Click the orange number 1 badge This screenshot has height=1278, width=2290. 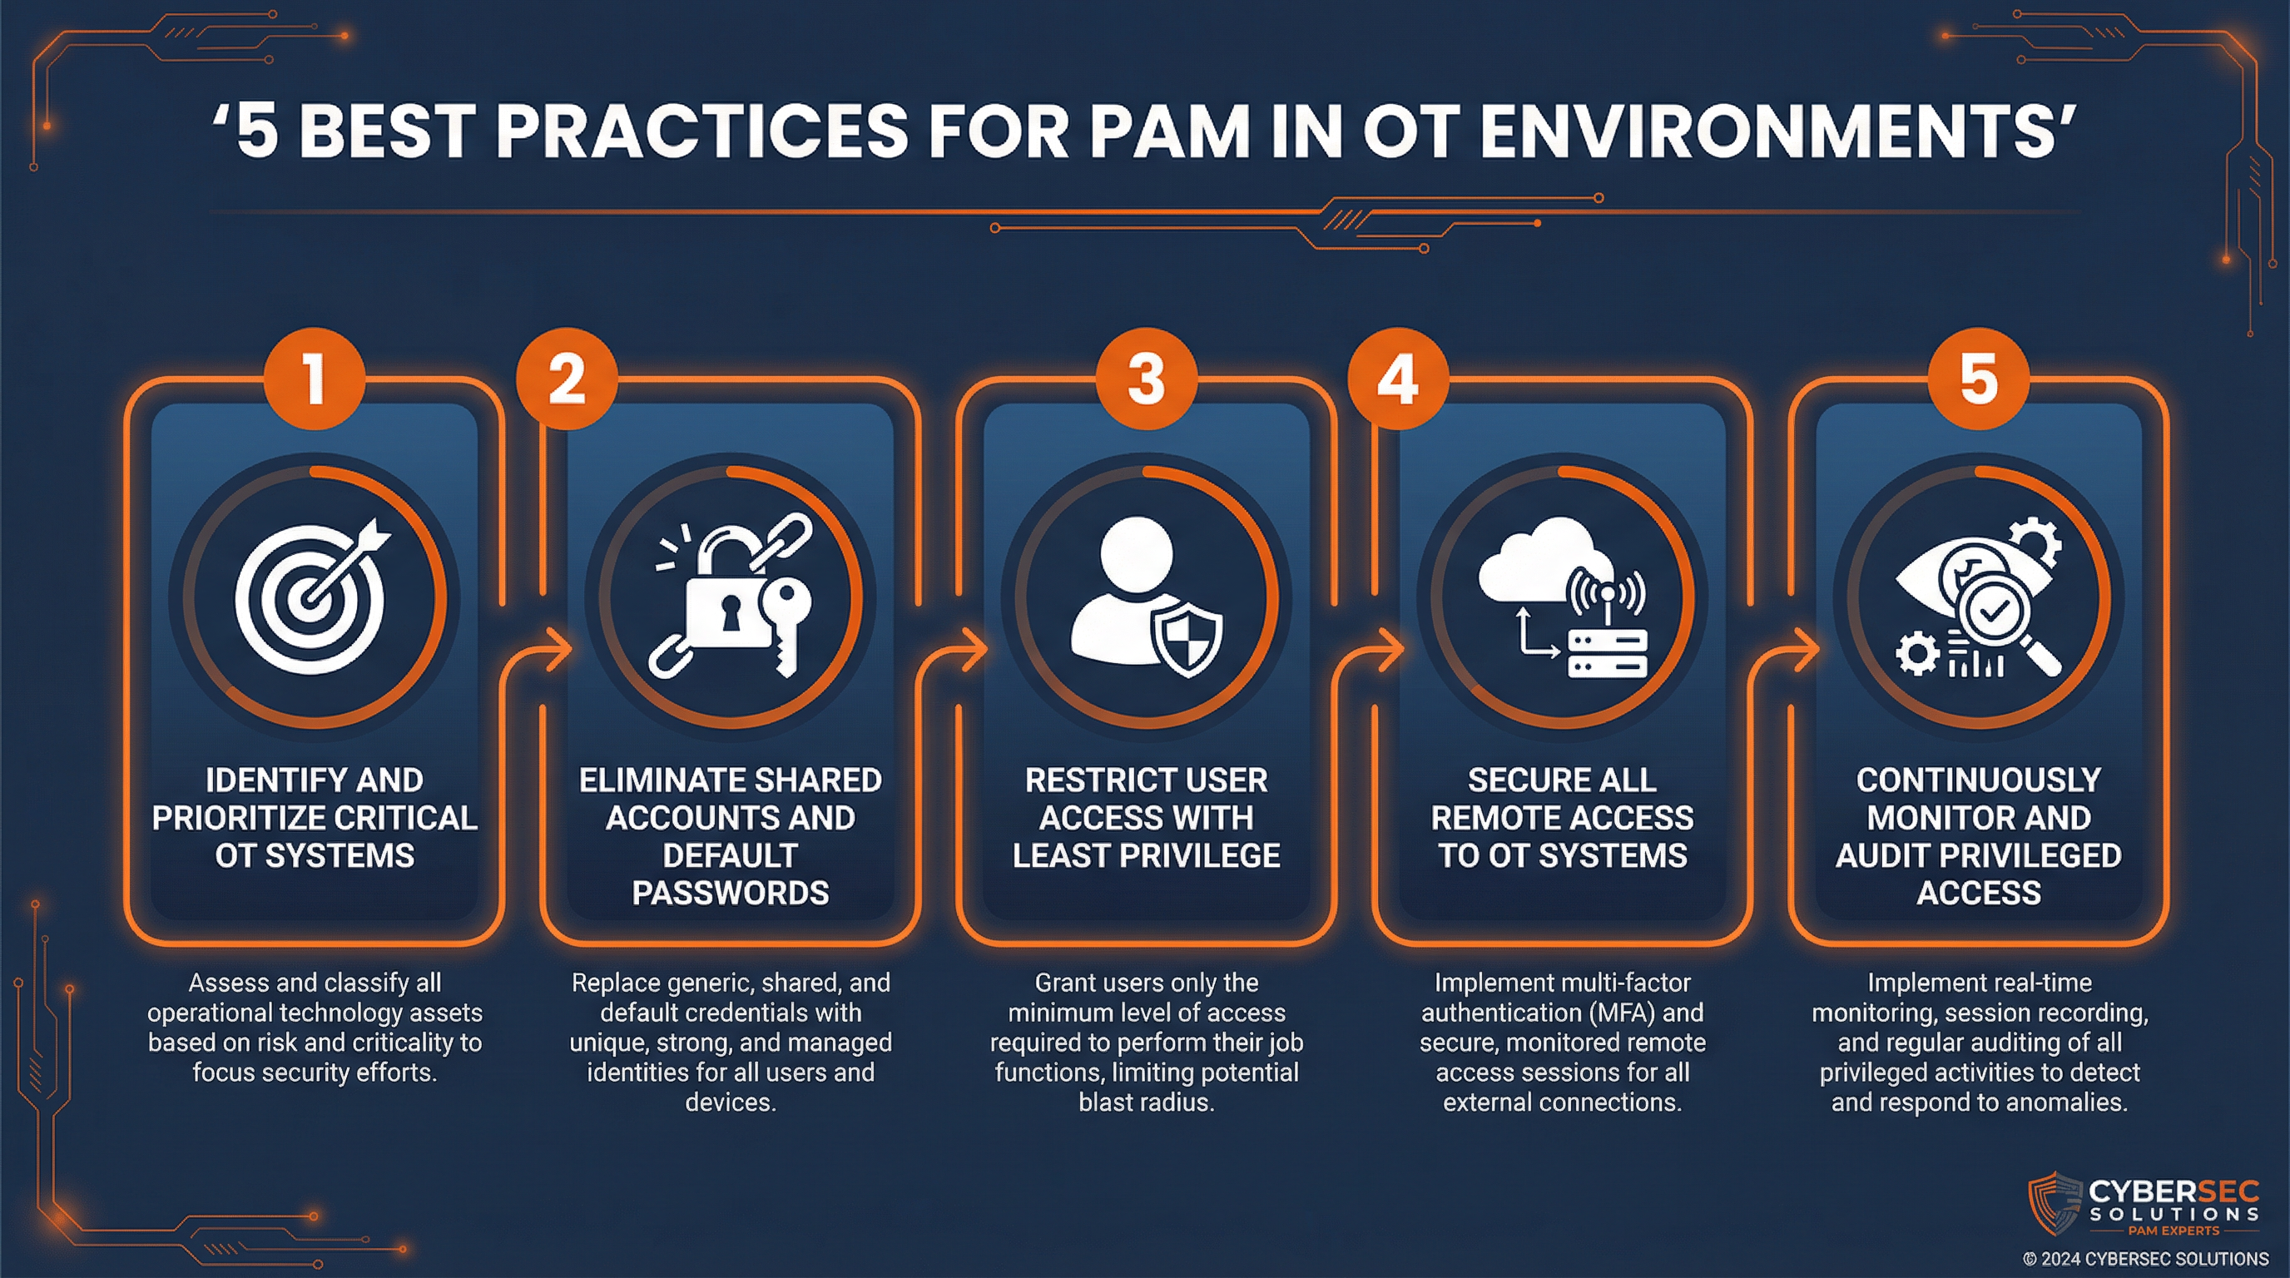tap(314, 379)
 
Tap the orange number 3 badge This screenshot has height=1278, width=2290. tap(1146, 379)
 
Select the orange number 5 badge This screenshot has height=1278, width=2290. tap(1978, 379)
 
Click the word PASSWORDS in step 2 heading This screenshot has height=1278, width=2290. tap(730, 893)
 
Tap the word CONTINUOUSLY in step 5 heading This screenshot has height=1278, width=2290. tap(1978, 780)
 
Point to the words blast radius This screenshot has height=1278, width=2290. tap(1146, 1102)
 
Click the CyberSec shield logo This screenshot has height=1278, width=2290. tap(2054, 1204)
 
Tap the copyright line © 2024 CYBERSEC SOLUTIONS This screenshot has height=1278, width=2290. tap(2145, 1259)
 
